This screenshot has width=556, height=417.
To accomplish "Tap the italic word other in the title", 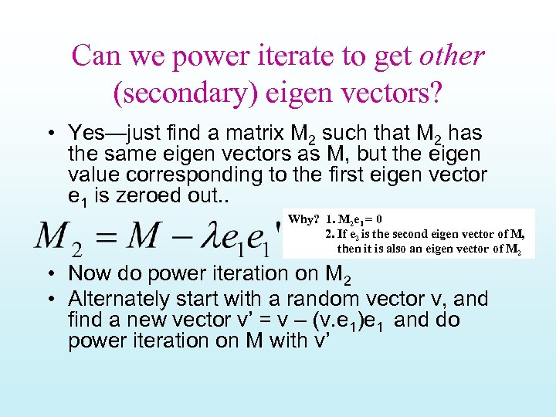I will (x=452, y=56).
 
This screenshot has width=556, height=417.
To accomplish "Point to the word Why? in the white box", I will (x=303, y=219).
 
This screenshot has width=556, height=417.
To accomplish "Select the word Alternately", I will (x=113, y=298).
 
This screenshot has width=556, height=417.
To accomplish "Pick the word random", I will (x=324, y=298).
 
